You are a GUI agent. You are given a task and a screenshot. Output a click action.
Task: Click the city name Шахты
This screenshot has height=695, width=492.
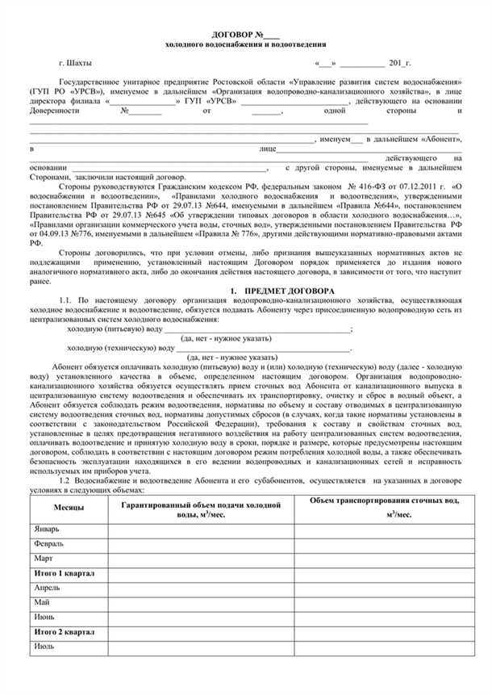click(x=81, y=62)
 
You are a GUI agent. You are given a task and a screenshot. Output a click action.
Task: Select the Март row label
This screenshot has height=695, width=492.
click(x=44, y=559)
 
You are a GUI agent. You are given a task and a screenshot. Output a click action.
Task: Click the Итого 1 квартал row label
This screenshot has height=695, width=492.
click(x=65, y=573)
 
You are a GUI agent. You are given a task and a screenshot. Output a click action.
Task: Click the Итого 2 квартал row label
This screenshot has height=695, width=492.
click(x=65, y=632)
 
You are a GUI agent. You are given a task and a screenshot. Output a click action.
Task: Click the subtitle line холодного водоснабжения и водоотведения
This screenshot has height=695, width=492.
click(x=245, y=45)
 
